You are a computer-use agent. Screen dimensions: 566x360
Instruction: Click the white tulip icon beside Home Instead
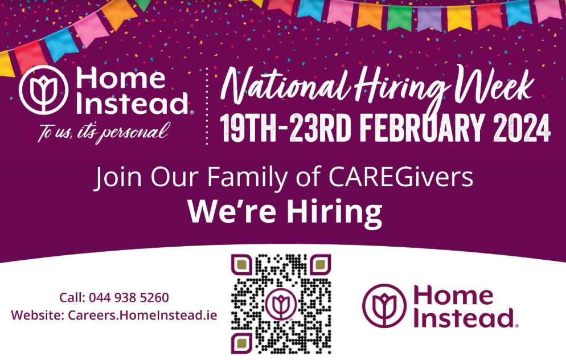pos(44,89)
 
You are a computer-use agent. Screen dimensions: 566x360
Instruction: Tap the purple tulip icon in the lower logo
pos(384,305)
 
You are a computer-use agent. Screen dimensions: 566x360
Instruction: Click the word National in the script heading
pos(285,86)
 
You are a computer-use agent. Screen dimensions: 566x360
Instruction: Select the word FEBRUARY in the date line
pos(421,129)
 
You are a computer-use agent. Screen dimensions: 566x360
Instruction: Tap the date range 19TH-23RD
pos(285,129)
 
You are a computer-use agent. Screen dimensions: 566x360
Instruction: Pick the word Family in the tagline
pos(248,178)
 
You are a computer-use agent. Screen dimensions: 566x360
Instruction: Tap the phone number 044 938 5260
pos(129,297)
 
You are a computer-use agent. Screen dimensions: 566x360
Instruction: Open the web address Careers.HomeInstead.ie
pos(142,315)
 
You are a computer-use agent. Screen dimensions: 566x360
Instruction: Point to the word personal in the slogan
pos(134,132)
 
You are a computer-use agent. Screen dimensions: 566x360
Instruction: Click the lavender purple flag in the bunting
pos(429,18)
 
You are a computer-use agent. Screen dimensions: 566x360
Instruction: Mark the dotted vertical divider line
pos(207,106)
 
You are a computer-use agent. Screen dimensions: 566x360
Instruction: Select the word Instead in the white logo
pos(133,104)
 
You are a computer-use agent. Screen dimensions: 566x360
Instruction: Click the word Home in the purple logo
pos(453,296)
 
